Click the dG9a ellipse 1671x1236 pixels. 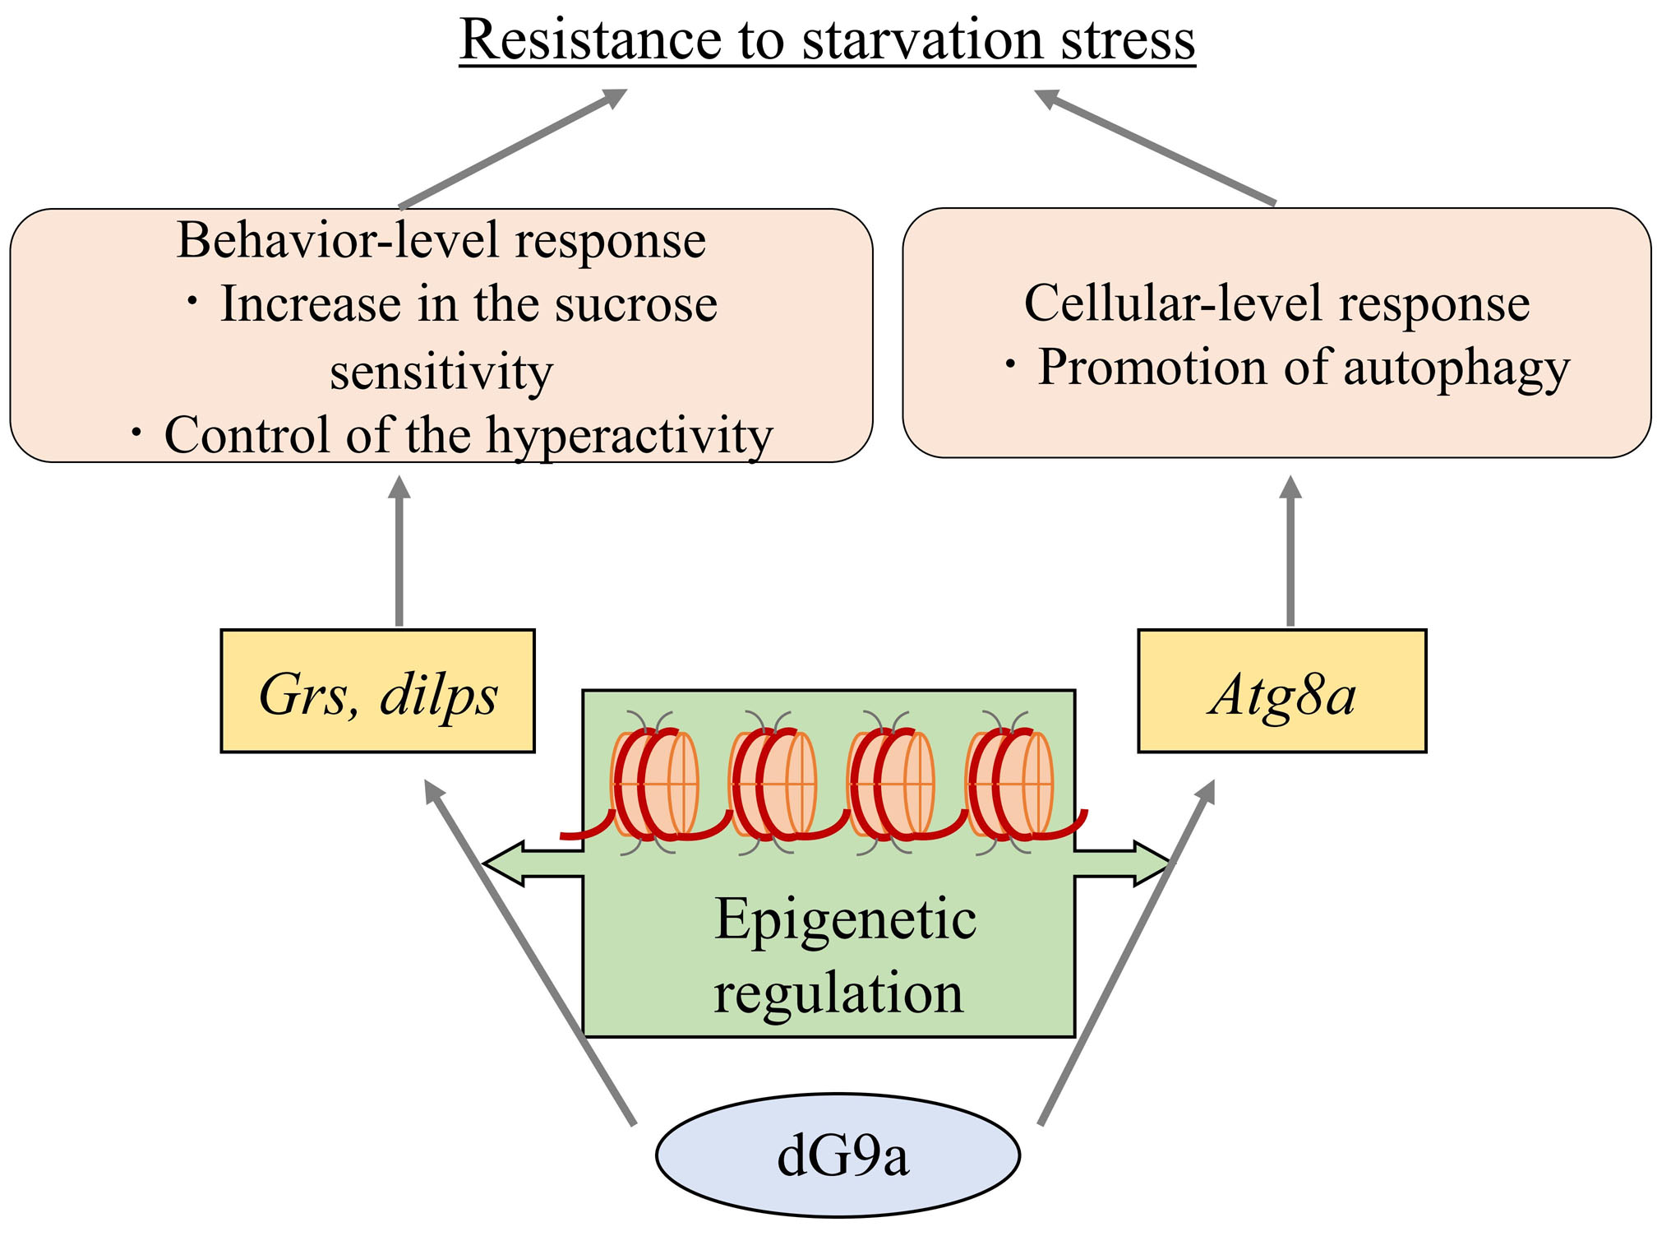pyautogui.click(x=838, y=1155)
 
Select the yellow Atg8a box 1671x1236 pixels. pyautogui.click(x=1281, y=692)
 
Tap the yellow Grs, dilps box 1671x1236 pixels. pyautogui.click(x=377, y=692)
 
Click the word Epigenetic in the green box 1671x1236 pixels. pyautogui.click(x=845, y=919)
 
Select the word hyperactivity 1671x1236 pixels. pyautogui.click(x=629, y=435)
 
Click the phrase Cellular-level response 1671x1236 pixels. pyautogui.click(x=1276, y=303)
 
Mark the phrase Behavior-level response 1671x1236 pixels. pyautogui.click(x=441, y=240)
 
